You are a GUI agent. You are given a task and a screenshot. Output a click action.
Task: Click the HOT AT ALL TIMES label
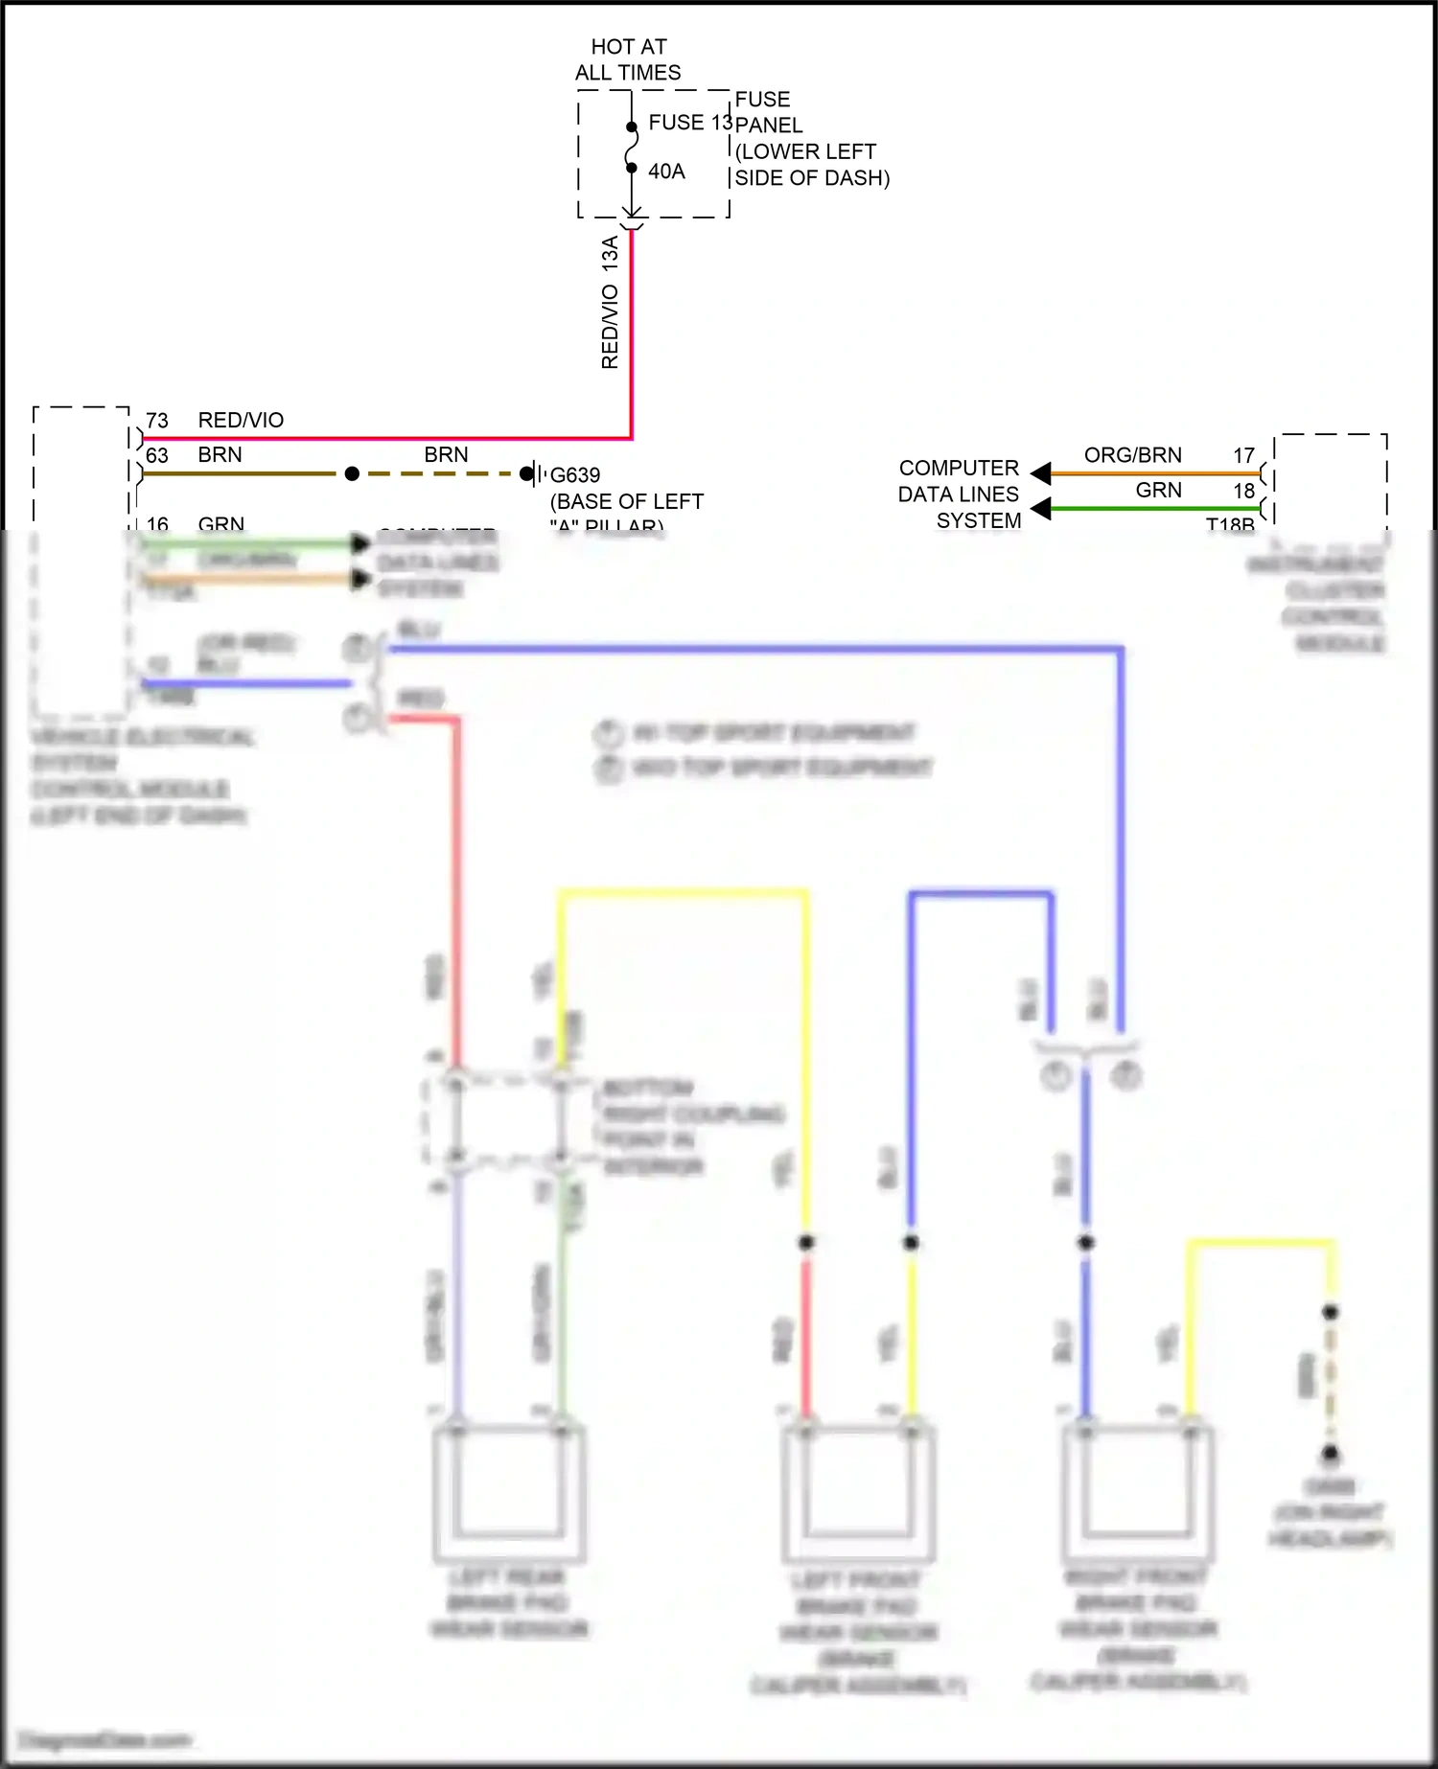point(628,59)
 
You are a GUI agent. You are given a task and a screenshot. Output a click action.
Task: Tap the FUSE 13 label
point(689,123)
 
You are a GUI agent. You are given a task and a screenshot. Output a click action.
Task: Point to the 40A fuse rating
point(666,172)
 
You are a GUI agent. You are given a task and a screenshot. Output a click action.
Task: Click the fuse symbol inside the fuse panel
point(632,148)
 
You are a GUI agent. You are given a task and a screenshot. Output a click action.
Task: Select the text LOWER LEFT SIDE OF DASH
point(811,165)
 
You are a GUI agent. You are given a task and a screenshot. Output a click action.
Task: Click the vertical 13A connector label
point(610,256)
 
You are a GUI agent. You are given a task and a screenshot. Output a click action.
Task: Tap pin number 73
point(157,421)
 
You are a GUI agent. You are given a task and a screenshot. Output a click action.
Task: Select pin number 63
point(157,455)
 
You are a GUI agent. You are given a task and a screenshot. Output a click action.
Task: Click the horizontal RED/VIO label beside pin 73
point(241,421)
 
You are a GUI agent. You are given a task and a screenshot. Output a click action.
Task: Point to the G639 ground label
point(575,475)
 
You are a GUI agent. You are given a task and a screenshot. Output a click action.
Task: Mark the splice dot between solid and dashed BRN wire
point(352,473)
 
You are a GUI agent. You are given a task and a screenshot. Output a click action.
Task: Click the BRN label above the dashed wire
point(446,454)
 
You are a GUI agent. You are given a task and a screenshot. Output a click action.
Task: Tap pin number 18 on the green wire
point(1243,491)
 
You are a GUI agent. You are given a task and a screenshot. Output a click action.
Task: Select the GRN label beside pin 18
point(1158,491)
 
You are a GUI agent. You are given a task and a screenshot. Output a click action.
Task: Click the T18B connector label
point(1230,524)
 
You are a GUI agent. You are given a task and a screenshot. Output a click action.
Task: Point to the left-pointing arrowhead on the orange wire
point(1041,472)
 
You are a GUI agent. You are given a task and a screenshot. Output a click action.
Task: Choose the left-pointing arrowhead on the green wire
point(1041,508)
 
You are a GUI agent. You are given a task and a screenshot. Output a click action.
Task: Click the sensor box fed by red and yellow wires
point(858,1490)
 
